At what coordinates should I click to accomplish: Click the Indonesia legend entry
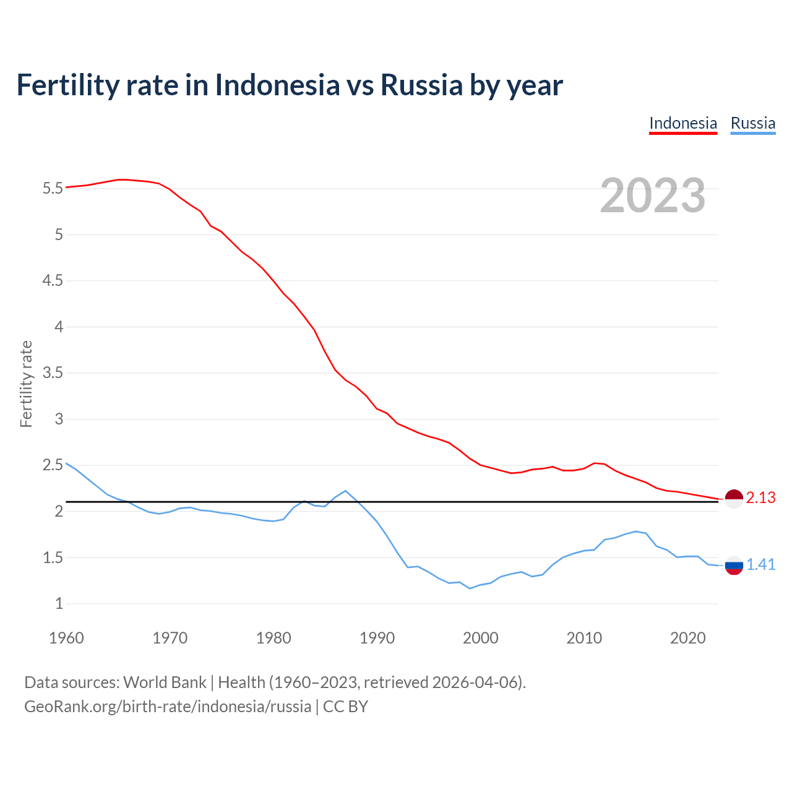coord(682,123)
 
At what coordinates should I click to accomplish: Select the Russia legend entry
coord(752,123)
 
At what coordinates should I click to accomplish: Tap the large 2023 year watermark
coord(652,196)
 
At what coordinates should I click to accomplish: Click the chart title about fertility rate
coord(290,85)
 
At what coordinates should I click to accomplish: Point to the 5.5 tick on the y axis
coord(53,188)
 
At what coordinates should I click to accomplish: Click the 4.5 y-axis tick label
coord(53,281)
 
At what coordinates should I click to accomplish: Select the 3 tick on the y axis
coord(59,420)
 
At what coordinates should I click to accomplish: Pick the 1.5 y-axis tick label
coord(53,557)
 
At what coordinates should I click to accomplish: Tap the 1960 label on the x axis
coord(66,638)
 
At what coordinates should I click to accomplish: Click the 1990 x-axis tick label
coord(377,638)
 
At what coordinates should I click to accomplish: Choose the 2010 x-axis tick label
coord(584,638)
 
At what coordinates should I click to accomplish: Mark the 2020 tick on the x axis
coord(687,638)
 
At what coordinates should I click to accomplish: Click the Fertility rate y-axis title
coord(26,384)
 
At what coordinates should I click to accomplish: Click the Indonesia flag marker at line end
coord(734,498)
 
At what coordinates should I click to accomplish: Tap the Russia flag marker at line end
coord(734,565)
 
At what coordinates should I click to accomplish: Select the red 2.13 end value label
coord(760,498)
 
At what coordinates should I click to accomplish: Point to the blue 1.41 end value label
coord(760,565)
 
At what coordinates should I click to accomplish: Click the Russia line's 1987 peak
coord(345,491)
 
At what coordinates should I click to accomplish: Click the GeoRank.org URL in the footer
coord(168,707)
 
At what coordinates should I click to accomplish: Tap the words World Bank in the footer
coord(165,682)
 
